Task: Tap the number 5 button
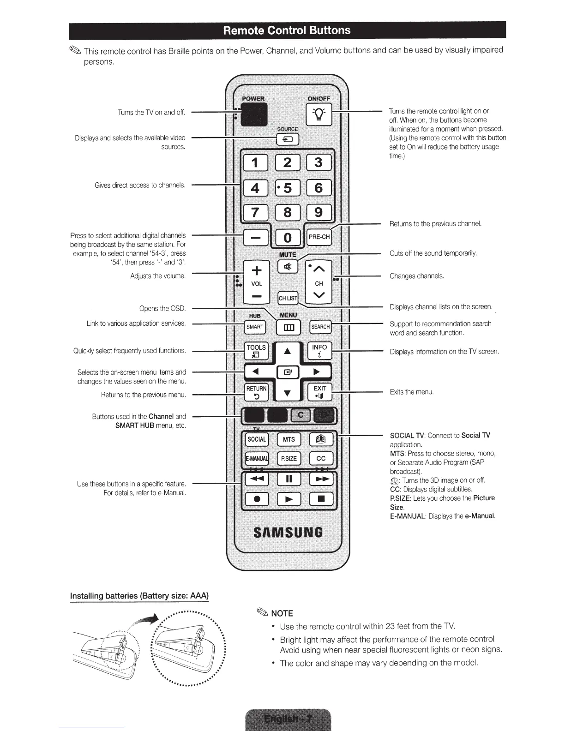click(x=288, y=188)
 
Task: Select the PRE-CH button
click(x=319, y=237)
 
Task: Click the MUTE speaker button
click(x=288, y=267)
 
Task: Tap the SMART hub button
click(x=255, y=327)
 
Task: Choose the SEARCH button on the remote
click(x=320, y=327)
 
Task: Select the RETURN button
click(x=256, y=392)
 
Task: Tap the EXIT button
click(x=319, y=392)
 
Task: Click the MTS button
click(x=289, y=439)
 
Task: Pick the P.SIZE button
click(x=289, y=458)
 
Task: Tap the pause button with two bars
click(x=289, y=479)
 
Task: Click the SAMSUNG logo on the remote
click(x=288, y=533)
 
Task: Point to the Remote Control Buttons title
click(x=287, y=30)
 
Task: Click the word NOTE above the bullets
click(x=282, y=613)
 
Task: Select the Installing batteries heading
click(x=139, y=596)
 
